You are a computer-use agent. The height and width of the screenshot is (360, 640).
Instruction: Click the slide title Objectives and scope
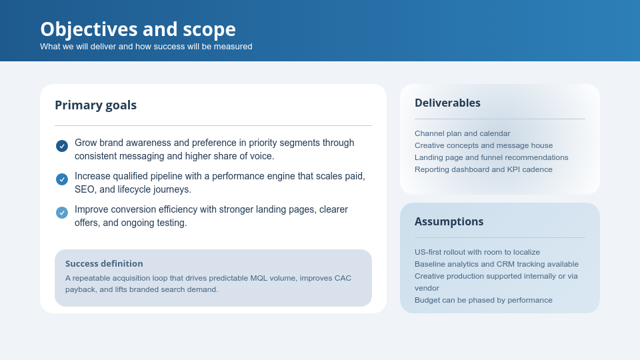pos(137,29)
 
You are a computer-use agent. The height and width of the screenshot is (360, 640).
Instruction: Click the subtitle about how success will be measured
pos(146,47)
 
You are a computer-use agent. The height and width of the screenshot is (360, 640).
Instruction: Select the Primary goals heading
pos(95,105)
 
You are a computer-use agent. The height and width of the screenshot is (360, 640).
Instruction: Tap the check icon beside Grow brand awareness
pos(62,146)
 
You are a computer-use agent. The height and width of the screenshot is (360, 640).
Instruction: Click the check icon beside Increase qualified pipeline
pos(62,179)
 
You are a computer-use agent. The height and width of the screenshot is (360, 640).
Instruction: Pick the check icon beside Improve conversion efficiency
pos(62,213)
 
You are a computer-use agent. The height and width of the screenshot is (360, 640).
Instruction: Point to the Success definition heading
pos(104,263)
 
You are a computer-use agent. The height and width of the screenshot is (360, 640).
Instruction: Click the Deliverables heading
pos(447,103)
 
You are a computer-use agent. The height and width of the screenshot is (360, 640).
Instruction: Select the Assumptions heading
pos(449,221)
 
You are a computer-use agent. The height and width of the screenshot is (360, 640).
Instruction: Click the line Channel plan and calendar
pos(462,133)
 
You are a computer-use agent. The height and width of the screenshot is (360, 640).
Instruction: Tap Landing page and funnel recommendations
pos(491,157)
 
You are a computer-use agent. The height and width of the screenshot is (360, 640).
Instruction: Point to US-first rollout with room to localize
pos(477,252)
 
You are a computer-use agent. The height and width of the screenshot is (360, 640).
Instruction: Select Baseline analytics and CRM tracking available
pos(497,264)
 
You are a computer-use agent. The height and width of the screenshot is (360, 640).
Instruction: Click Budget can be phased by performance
pos(483,300)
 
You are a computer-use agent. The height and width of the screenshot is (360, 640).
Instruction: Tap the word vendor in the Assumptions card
pos(427,288)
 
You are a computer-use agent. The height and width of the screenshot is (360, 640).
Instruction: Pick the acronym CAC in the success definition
pos(342,278)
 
